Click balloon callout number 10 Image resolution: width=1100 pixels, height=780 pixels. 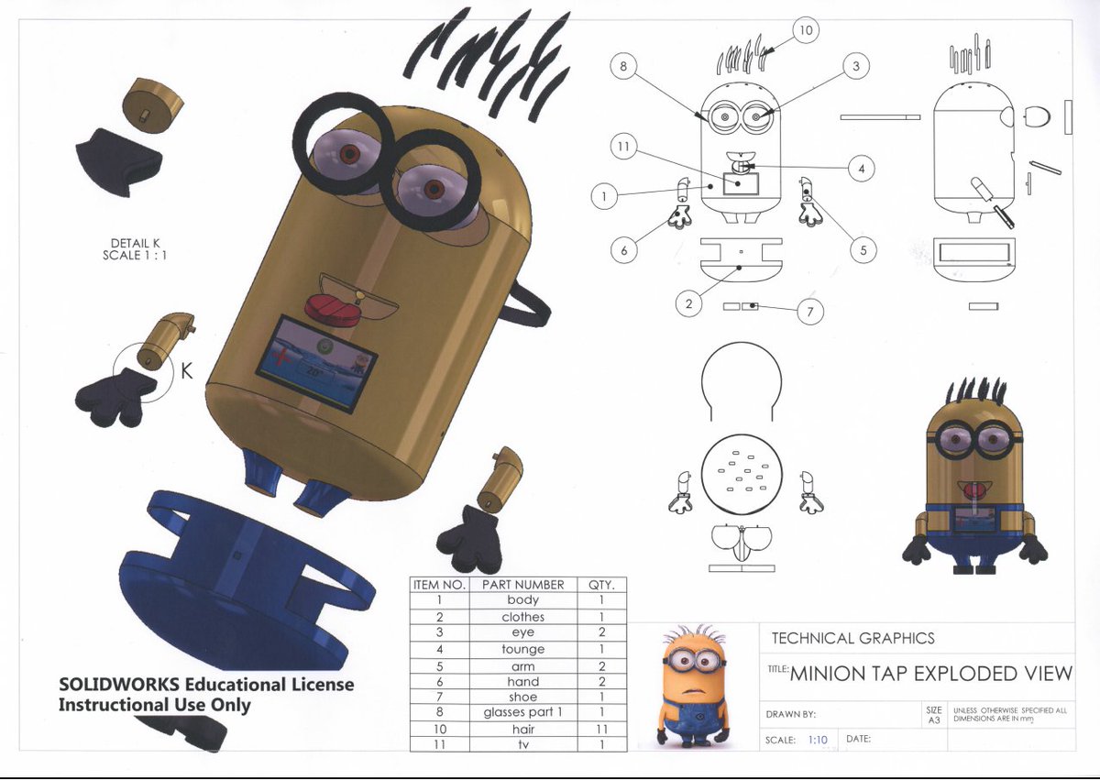[x=805, y=31]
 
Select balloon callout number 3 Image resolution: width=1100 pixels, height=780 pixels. [x=855, y=66]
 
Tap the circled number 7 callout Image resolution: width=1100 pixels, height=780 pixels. [x=809, y=313]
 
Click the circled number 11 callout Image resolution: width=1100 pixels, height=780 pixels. [x=623, y=147]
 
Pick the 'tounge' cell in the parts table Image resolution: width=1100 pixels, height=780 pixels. [x=522, y=650]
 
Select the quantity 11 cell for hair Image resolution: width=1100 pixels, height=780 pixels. [x=600, y=730]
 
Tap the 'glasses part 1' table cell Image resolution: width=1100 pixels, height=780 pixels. [x=522, y=713]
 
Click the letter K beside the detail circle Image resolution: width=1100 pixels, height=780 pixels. [x=186, y=371]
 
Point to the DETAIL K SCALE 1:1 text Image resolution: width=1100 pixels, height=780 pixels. [x=135, y=249]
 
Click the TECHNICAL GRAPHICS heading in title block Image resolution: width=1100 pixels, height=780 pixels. [x=852, y=639]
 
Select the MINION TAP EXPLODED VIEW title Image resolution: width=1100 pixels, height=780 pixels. [x=930, y=674]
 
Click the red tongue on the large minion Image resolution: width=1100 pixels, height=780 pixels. [x=336, y=309]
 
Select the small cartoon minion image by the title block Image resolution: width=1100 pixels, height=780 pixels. [x=694, y=685]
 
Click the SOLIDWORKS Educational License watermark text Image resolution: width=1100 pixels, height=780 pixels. [x=205, y=694]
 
